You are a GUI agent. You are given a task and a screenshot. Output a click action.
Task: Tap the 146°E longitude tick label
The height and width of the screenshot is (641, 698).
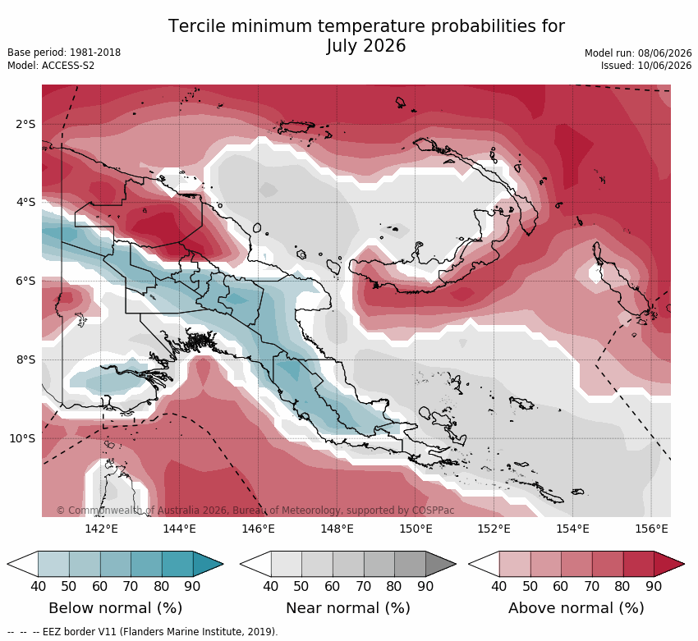(258, 529)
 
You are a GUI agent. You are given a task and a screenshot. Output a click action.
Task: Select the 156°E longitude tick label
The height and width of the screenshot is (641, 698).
(652, 529)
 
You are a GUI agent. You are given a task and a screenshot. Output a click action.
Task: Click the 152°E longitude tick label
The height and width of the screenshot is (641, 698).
(494, 529)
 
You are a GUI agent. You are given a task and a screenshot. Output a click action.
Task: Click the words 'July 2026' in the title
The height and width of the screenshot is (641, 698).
(366, 46)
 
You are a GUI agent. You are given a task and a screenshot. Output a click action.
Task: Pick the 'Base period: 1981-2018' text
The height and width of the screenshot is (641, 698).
(64, 53)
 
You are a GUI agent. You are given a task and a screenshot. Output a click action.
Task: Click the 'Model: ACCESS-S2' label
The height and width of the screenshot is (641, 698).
(51, 66)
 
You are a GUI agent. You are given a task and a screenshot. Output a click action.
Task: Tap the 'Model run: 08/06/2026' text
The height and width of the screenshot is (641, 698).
(638, 53)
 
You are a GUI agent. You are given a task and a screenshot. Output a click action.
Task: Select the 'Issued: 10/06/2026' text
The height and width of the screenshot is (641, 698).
(646, 66)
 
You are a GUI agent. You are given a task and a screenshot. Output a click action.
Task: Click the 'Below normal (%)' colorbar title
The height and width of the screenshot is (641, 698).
(115, 608)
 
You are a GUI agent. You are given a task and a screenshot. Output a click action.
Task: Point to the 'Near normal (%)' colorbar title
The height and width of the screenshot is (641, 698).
(347, 608)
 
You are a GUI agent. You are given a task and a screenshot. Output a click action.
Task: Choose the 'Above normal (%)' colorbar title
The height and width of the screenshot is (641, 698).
(576, 608)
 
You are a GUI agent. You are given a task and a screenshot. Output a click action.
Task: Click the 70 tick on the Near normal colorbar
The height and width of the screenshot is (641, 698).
(364, 586)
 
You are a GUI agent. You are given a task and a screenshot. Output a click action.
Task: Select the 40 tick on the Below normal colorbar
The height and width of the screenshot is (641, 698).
(39, 586)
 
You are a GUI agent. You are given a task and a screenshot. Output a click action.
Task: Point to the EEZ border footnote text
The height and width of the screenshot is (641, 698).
(142, 632)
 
